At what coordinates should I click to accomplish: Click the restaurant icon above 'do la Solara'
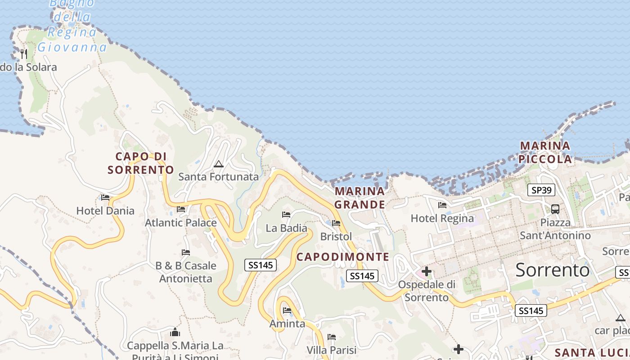click(x=24, y=54)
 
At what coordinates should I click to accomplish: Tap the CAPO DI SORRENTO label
click(x=141, y=163)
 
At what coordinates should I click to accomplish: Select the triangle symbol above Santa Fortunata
click(x=219, y=164)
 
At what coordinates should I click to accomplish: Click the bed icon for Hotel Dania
click(x=105, y=197)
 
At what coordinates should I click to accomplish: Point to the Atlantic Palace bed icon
click(x=181, y=209)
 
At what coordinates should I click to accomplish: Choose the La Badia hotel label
click(x=286, y=228)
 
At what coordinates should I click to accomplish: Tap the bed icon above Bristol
click(x=336, y=223)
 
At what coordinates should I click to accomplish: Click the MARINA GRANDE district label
click(x=360, y=198)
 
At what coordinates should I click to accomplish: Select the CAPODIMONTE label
click(x=343, y=257)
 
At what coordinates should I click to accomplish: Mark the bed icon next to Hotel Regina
click(x=442, y=205)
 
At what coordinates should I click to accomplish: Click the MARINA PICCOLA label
click(x=545, y=152)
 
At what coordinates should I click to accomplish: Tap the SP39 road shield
click(x=541, y=190)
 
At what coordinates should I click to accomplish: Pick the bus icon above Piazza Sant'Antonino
click(x=555, y=209)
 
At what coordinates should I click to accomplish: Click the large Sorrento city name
click(x=552, y=270)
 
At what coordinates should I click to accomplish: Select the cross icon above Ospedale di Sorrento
click(x=427, y=271)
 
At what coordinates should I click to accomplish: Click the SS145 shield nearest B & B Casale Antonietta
click(x=261, y=265)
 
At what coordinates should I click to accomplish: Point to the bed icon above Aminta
click(x=287, y=310)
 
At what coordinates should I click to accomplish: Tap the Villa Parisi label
click(x=331, y=350)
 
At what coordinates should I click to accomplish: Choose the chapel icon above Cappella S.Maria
click(x=175, y=333)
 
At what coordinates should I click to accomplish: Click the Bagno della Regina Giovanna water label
click(x=72, y=25)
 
